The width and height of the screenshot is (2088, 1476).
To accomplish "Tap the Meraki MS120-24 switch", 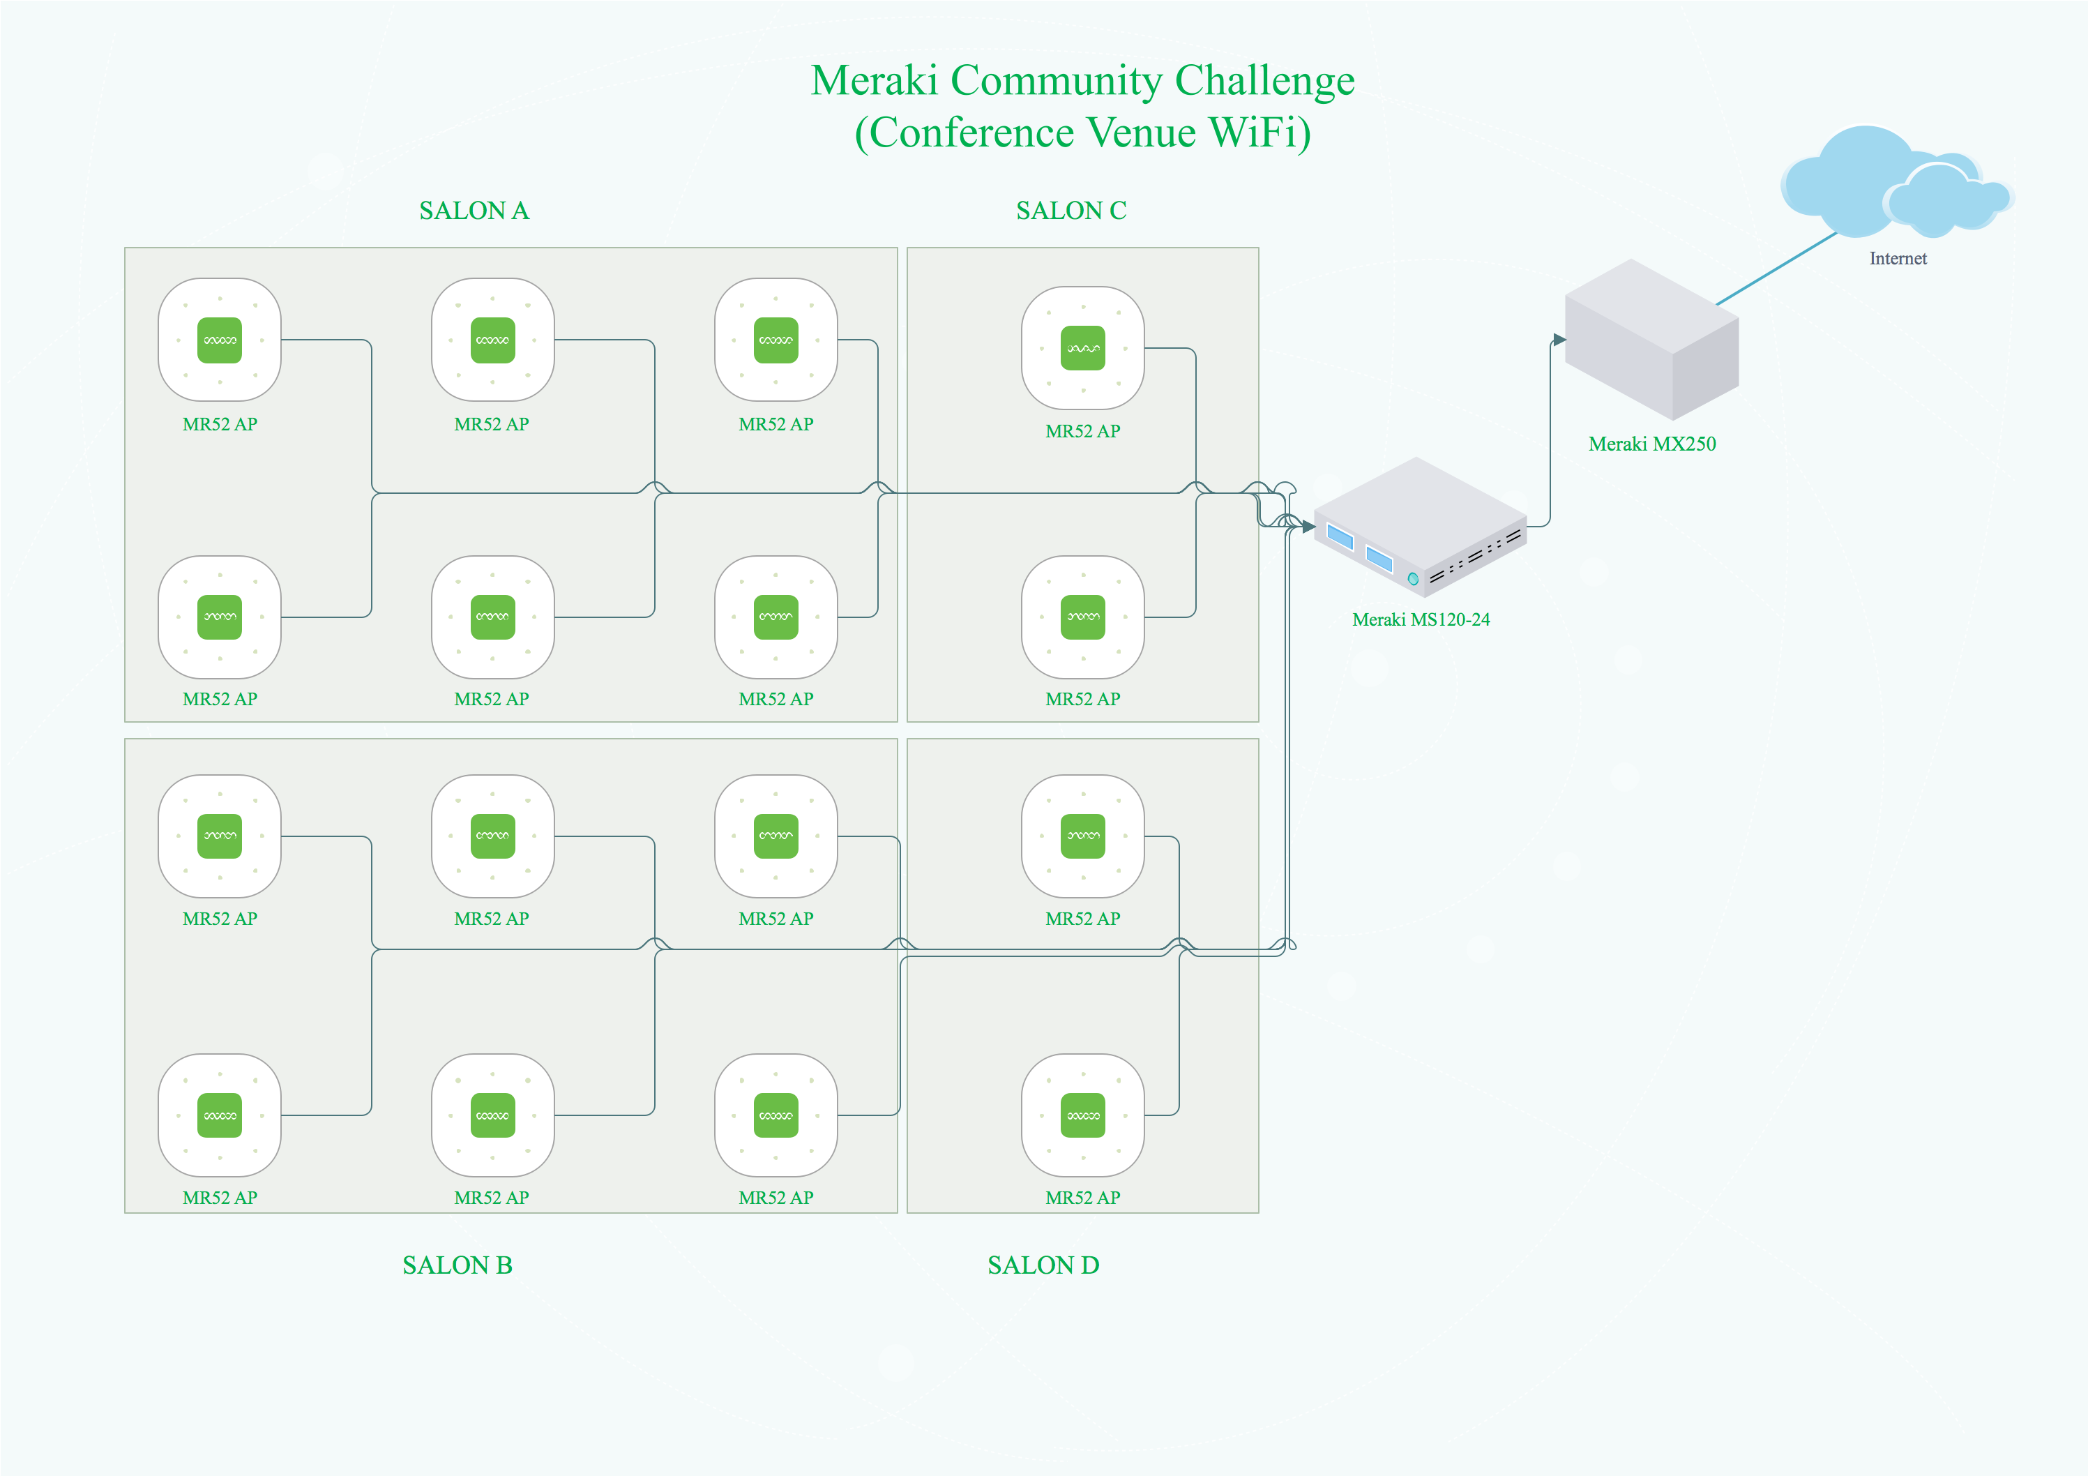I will point(1419,527).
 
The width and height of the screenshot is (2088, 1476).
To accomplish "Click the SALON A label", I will point(474,211).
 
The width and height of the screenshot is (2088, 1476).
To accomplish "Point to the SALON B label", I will point(457,1265).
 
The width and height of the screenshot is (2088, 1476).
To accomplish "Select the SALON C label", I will point(1071,211).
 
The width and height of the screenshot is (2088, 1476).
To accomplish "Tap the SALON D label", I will point(1043,1265).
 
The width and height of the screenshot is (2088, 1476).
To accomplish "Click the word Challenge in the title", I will point(1264,80).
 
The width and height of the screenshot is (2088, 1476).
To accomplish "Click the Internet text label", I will point(1898,258).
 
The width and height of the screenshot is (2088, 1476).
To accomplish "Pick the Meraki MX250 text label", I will point(1651,444).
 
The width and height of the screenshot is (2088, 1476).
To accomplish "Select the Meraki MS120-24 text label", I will point(1421,619).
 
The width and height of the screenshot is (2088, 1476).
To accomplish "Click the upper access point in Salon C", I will point(1082,348).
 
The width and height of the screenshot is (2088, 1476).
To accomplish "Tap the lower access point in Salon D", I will point(1082,1115).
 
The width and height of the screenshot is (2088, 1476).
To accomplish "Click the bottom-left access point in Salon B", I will point(219,1115).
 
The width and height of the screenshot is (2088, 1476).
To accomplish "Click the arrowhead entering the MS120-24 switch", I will point(1308,527).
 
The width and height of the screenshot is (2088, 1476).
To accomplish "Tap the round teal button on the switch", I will point(1413,578).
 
